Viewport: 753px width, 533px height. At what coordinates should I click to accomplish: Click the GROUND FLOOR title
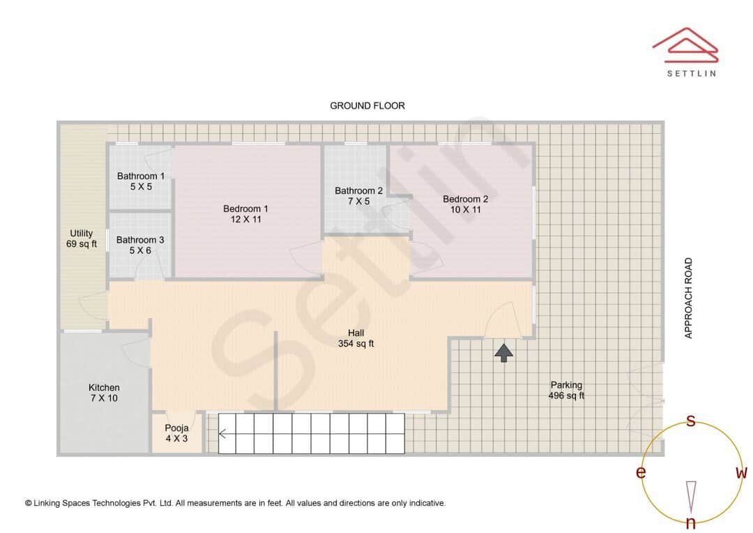coord(367,105)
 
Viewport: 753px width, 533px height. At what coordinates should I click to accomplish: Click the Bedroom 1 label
coord(245,213)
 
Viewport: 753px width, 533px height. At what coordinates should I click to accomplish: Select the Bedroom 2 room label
coord(465,204)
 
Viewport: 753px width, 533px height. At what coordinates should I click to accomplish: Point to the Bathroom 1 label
coord(141,181)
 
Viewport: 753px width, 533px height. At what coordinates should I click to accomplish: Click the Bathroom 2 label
coord(358,195)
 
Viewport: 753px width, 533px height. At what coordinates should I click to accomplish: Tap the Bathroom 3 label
coord(140,245)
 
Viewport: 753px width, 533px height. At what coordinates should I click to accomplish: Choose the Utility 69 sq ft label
coord(81,239)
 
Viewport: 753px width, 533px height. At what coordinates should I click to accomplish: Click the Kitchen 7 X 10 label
coord(104,393)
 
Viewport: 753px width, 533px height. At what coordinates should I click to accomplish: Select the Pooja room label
coord(176,433)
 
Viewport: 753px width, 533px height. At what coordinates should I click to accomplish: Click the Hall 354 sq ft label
coord(356,338)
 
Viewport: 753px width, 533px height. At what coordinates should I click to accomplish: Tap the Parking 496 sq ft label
coord(566,390)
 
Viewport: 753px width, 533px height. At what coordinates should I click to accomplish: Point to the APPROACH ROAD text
coord(689,299)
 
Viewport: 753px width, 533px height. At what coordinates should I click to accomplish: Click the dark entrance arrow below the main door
coord(503,353)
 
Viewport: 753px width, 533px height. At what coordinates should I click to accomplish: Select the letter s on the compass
coord(691,421)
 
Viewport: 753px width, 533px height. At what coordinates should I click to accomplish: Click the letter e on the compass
coord(640,473)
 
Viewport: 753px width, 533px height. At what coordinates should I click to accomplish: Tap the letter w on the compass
coord(741,473)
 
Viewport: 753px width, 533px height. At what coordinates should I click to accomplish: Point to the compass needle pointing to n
coord(691,497)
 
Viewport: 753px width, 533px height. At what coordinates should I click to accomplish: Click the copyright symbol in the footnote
coord(29,503)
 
